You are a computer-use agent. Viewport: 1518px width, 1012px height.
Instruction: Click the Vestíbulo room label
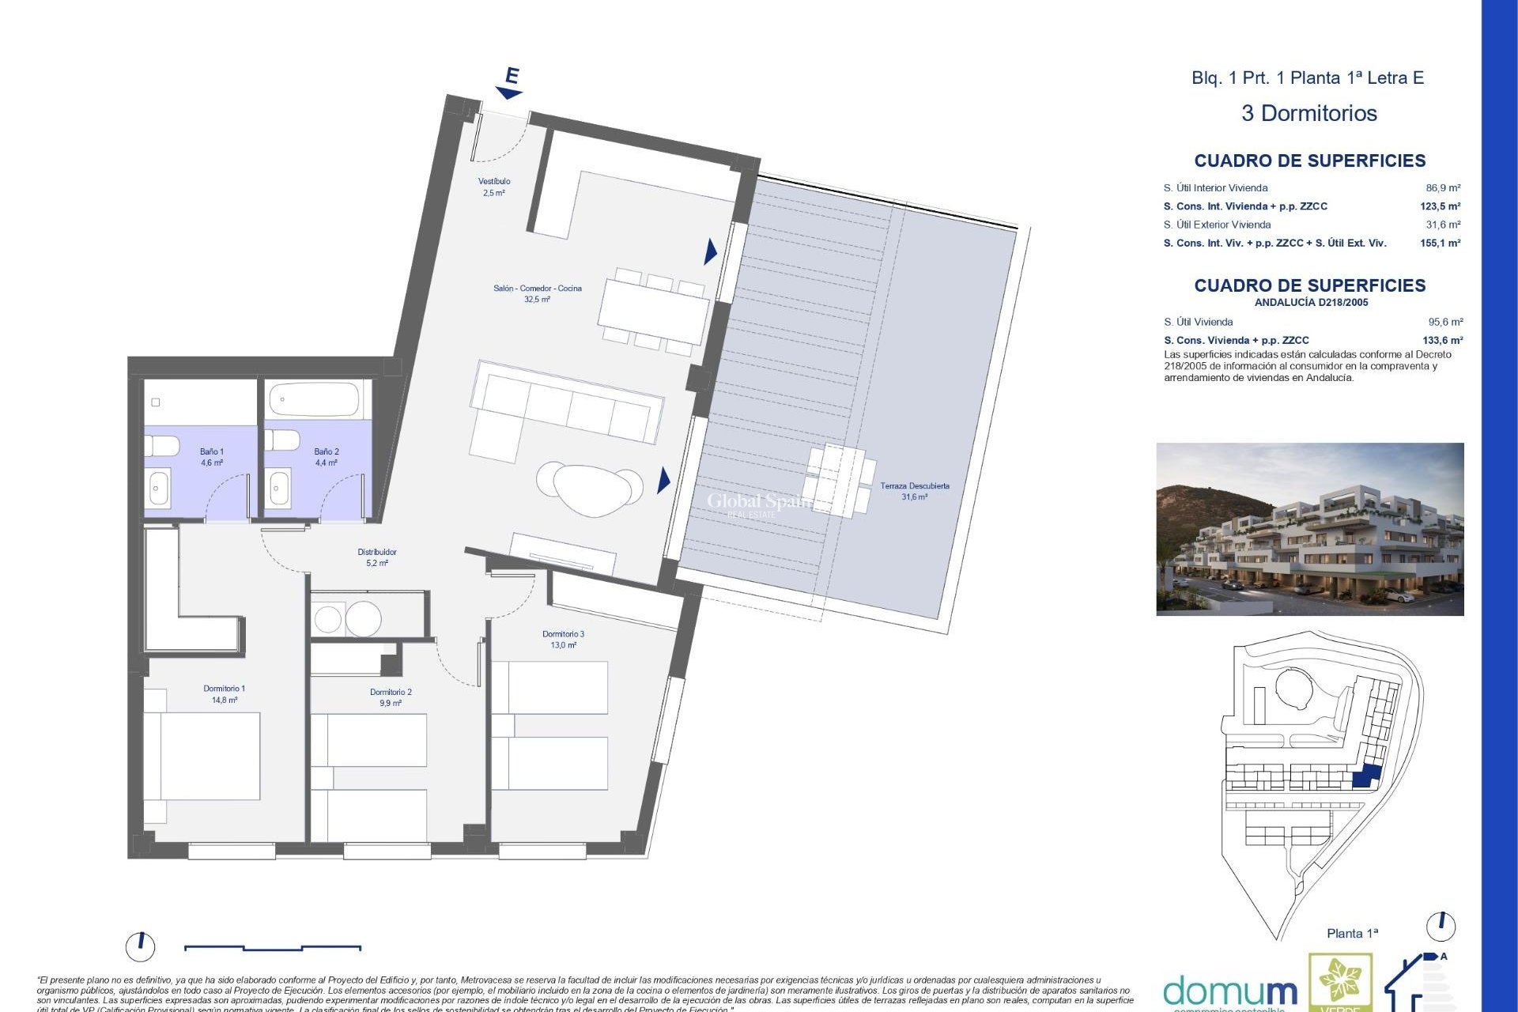493,187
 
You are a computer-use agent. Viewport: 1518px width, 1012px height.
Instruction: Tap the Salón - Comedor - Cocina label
537,293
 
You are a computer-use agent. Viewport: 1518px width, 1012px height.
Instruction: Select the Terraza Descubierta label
915,491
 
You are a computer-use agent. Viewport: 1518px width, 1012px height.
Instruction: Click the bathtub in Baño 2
314,400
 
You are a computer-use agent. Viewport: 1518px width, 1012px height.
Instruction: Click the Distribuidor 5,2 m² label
377,557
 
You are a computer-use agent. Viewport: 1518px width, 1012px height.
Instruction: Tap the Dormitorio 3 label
563,639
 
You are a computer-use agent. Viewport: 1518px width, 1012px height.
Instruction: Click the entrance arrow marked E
511,84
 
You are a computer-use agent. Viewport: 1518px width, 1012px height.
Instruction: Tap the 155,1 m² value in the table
1440,243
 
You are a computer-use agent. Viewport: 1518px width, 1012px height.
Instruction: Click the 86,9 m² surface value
1443,188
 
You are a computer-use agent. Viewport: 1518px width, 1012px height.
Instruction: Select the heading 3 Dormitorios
1308,113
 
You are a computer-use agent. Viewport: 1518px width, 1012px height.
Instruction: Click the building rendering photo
1309,529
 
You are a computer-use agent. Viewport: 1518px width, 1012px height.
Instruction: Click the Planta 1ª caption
1352,933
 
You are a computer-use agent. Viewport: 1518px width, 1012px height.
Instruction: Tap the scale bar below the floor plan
273,947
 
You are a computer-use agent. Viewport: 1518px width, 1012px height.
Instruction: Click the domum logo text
1229,991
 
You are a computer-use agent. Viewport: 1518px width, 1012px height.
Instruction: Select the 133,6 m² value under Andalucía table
1442,340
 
